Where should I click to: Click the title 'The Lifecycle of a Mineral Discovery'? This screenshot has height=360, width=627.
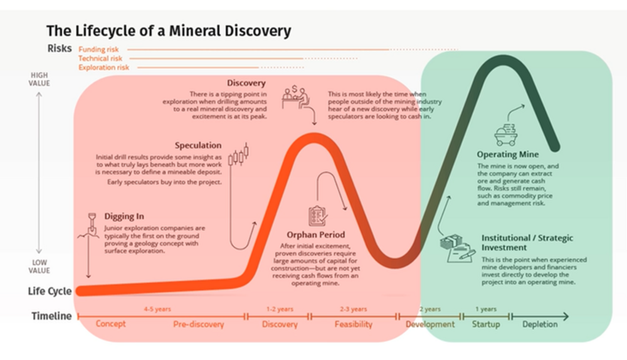169,30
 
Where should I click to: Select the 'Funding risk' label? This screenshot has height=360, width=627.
99,49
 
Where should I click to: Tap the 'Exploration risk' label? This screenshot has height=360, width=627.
103,66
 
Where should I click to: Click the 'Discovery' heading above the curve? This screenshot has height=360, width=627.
246,83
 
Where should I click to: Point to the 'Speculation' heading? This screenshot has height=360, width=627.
198,146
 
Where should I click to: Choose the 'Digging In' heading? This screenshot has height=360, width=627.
124,216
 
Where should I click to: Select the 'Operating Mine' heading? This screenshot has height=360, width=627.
507,154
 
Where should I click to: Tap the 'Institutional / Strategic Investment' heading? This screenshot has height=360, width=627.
527,243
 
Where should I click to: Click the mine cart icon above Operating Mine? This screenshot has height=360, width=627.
507,134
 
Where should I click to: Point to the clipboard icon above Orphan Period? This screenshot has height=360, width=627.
317,215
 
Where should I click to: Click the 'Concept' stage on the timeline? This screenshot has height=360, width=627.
110,324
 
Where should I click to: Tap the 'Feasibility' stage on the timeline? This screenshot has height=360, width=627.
353,324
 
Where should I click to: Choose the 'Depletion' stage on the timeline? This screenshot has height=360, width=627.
540,324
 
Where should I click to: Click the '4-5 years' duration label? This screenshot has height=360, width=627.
157,309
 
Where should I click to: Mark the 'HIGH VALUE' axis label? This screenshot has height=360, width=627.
39,80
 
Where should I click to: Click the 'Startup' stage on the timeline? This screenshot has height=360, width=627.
486,324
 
